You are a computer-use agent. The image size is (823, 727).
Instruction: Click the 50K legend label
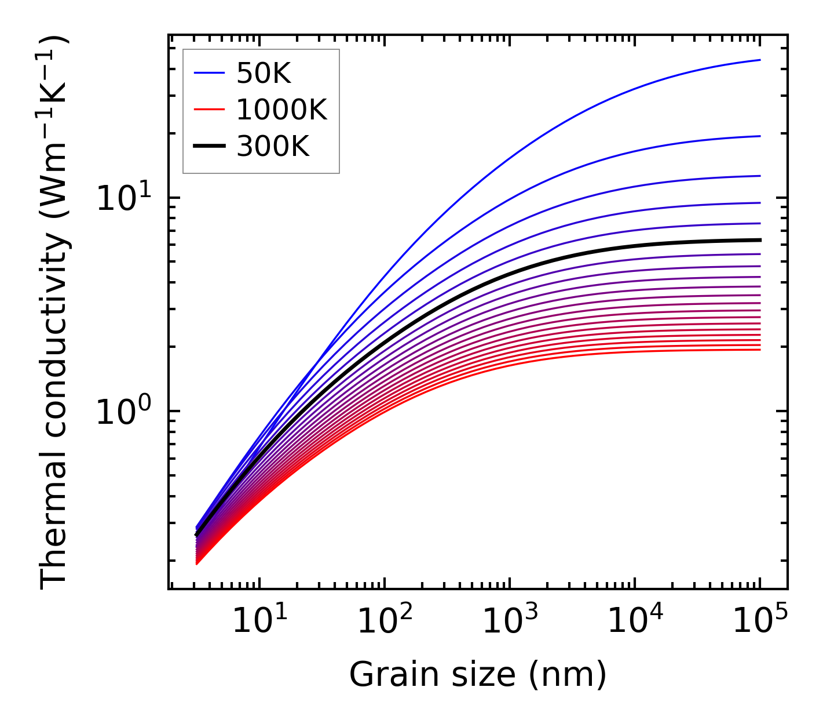click(x=264, y=74)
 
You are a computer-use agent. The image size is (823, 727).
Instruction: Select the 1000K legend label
click(x=281, y=110)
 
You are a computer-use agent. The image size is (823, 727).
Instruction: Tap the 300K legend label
click(x=273, y=147)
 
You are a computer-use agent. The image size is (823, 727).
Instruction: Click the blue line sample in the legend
click(x=209, y=73)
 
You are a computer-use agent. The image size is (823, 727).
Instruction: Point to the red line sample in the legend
click(x=209, y=109)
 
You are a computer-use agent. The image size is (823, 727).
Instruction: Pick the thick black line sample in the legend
click(x=209, y=147)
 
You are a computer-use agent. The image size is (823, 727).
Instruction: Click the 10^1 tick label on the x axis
click(x=259, y=622)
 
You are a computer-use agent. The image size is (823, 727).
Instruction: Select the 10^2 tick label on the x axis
click(x=385, y=622)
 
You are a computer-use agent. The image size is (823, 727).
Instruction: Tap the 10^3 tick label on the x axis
click(x=510, y=622)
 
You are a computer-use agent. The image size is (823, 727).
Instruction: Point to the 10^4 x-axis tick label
click(x=635, y=622)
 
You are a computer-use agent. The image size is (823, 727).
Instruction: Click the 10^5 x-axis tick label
click(x=760, y=622)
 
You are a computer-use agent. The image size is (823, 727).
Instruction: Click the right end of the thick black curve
click(x=759, y=240)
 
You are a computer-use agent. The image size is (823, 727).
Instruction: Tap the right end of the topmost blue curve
click(x=759, y=60)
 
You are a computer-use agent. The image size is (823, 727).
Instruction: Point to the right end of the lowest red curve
click(x=759, y=350)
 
